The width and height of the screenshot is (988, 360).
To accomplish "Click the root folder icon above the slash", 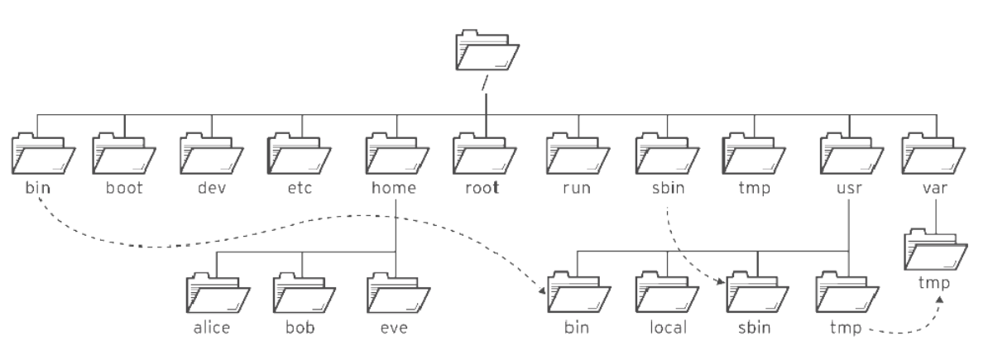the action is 487,50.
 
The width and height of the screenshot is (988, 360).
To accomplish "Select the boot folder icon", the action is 124,153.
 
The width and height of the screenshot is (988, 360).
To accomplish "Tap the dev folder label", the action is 212,188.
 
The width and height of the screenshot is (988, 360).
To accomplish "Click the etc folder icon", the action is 300,153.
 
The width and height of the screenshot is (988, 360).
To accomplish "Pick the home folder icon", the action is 397,153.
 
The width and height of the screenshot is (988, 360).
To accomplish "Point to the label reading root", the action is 482,188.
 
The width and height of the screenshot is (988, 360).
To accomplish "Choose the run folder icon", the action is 578,153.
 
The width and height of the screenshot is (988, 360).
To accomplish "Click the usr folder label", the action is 849,188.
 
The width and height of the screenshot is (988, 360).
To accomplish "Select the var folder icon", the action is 934,153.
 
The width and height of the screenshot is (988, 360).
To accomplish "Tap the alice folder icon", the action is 218,292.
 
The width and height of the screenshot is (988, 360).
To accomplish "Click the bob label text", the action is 300,328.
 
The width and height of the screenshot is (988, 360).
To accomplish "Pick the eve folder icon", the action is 399,292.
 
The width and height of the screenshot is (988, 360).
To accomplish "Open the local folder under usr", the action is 667,292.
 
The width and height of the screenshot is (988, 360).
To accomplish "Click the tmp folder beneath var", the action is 936,250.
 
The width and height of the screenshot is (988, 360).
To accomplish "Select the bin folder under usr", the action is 579,292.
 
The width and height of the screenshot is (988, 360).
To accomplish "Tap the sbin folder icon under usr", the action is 757,292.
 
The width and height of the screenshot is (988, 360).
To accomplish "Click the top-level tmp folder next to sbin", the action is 754,153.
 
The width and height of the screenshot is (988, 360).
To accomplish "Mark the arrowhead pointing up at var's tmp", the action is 939,300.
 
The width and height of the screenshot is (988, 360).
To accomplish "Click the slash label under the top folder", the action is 485,83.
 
